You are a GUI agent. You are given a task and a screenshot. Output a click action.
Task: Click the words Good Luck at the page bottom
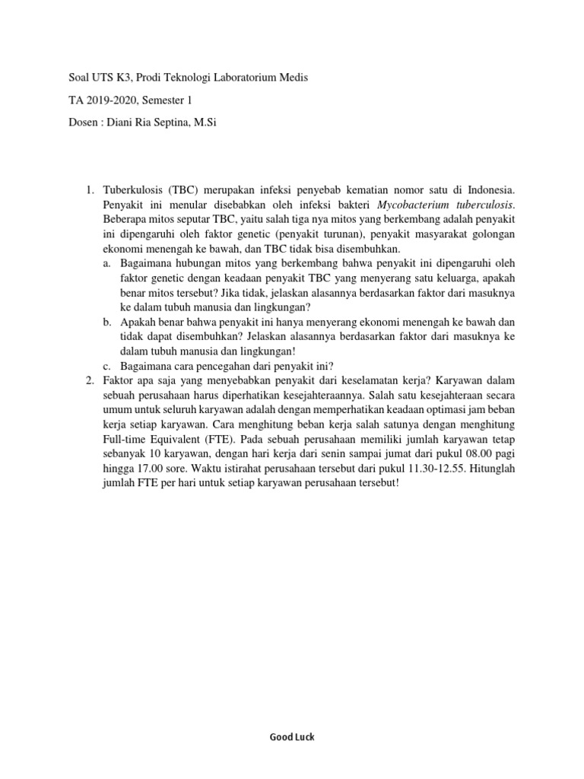click(x=292, y=737)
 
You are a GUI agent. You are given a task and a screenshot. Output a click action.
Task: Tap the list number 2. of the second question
click(x=89, y=380)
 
